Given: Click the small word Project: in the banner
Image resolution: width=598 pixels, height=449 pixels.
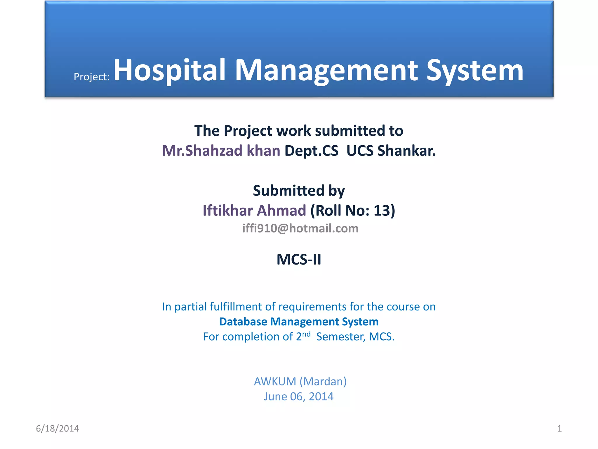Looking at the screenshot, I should point(92,77).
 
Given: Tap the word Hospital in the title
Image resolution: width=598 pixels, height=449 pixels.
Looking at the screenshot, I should point(170,70).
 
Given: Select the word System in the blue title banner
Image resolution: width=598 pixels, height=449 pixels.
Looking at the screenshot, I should point(474,71).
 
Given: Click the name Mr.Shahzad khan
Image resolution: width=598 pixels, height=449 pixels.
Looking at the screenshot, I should point(221,151).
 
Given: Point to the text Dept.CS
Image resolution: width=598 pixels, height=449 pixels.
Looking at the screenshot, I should point(311,151).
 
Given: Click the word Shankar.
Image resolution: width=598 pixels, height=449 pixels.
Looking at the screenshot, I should point(406,151).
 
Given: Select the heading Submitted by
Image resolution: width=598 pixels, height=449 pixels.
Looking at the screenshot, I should point(299,191).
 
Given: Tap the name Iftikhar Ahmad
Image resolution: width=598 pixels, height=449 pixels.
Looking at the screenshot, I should point(254,211).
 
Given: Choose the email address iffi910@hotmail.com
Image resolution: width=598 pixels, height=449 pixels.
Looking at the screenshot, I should point(300,229).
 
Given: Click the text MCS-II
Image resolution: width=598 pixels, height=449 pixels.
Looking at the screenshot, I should point(299,260).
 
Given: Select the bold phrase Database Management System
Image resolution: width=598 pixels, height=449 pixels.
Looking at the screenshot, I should point(299,322).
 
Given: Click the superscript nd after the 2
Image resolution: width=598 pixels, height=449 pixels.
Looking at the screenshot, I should point(306,334).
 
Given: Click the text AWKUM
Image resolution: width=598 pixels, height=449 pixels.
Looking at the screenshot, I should point(275,381).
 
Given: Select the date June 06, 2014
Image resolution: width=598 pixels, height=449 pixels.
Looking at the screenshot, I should point(299,397).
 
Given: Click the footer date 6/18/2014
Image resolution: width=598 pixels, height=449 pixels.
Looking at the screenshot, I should point(57,429).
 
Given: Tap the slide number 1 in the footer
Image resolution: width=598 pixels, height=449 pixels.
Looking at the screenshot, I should point(559,429).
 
